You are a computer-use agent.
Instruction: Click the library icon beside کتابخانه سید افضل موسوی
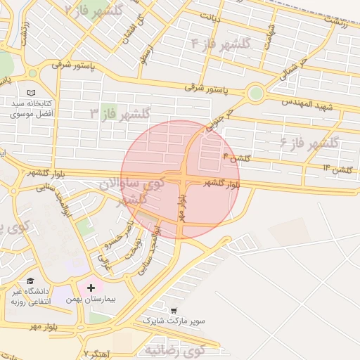(30, 92)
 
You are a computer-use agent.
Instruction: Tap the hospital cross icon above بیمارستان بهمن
(91, 288)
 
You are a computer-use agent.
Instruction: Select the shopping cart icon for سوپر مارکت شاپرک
(174, 310)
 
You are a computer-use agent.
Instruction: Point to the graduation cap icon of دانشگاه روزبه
(30, 281)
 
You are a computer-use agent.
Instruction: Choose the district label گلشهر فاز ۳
(120, 112)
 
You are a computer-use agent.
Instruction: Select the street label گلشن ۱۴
(337, 169)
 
